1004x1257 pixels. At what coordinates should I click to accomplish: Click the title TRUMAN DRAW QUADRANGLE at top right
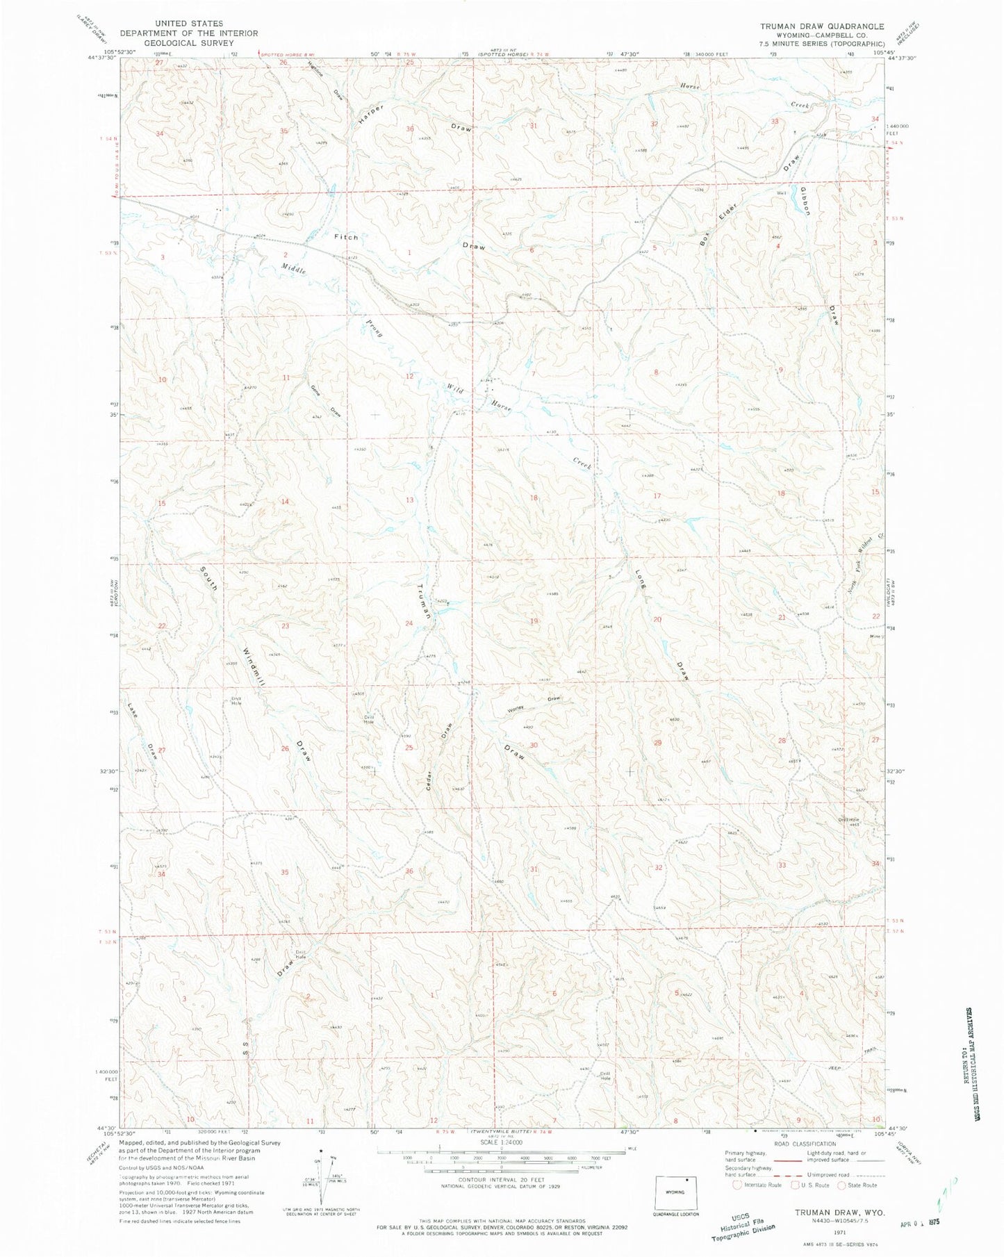click(822, 26)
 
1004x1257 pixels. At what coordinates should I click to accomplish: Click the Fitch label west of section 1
click(346, 237)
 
